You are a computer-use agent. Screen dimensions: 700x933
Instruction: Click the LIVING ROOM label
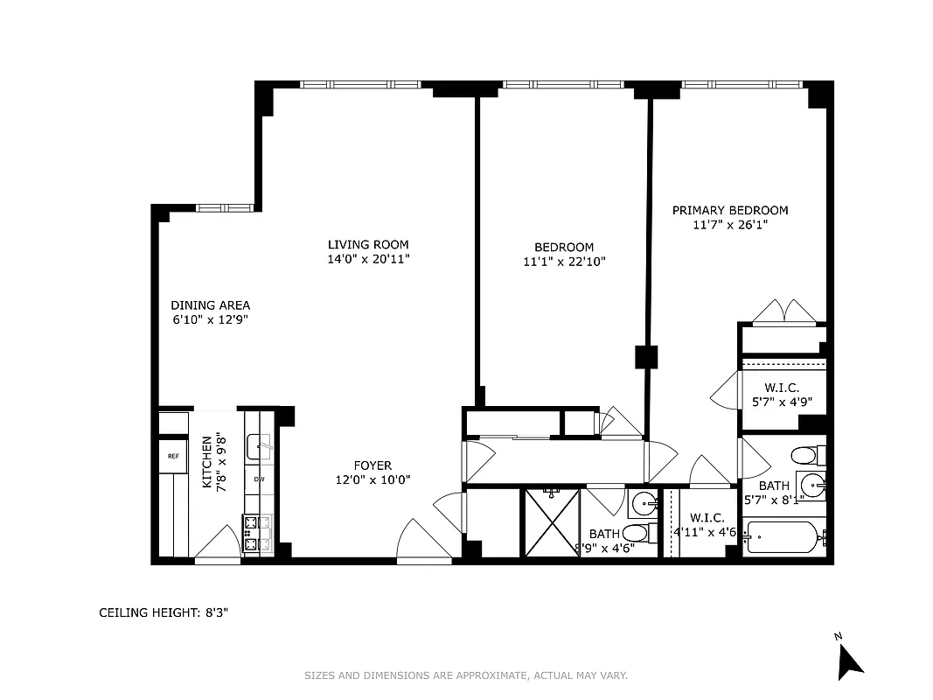click(x=368, y=245)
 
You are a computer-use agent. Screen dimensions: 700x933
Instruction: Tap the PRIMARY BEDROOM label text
click(x=729, y=210)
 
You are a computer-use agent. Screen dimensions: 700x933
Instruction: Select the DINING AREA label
click(x=210, y=305)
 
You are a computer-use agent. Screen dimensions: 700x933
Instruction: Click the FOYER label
click(x=373, y=465)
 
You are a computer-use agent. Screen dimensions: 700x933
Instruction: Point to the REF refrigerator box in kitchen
click(x=173, y=456)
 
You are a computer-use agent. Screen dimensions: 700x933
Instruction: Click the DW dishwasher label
click(x=260, y=479)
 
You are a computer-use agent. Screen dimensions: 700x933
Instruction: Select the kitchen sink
click(x=259, y=448)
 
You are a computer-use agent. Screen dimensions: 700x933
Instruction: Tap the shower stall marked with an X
click(x=551, y=522)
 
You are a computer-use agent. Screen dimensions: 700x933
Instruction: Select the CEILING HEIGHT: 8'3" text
click(x=164, y=613)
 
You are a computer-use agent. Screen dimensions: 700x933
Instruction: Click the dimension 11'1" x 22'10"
click(x=564, y=262)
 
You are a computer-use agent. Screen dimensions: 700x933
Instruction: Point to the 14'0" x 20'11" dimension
click(x=368, y=259)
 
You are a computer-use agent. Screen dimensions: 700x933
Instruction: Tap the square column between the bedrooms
click(x=646, y=356)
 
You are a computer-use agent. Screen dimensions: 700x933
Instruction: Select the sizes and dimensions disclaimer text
click(x=466, y=675)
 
